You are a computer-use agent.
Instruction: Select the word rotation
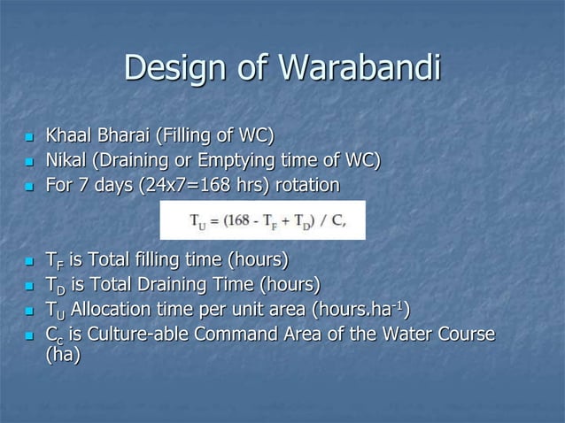pos(306,186)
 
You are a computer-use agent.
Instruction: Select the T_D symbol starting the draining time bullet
pos(54,285)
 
